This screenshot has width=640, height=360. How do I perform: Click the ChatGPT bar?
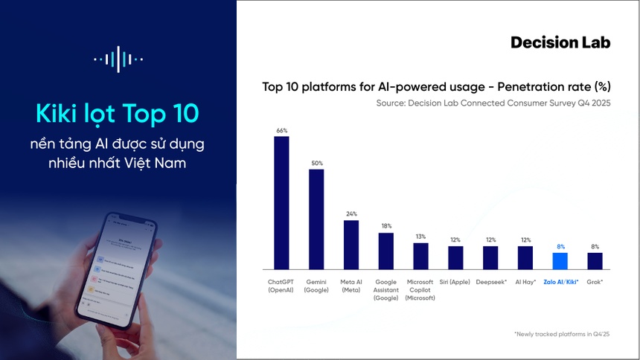point(281,202)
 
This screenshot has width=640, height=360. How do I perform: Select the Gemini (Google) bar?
point(316,219)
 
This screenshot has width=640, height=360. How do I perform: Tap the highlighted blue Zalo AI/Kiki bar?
point(560,261)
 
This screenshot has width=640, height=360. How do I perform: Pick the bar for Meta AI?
point(351,245)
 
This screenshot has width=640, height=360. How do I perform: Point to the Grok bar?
point(595,261)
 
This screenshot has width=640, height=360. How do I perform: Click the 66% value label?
point(281,130)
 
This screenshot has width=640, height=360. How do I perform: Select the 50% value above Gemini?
point(316,163)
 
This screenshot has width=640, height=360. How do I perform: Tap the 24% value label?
point(351,214)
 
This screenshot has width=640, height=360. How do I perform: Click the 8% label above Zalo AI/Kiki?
point(560,246)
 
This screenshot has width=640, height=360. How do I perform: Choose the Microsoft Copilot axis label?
point(420,290)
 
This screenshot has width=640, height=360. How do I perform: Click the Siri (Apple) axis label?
point(455,283)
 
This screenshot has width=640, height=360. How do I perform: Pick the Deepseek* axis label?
point(490,283)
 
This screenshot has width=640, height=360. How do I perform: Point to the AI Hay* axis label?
point(525,283)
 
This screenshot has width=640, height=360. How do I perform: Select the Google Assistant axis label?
point(385,290)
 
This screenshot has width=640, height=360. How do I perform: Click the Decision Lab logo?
point(560,42)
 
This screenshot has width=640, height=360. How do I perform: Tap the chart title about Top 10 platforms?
point(436,86)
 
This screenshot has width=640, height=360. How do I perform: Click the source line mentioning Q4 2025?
point(493,103)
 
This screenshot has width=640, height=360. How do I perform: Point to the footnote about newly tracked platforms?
point(562,335)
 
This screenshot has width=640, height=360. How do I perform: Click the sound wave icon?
point(118,59)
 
